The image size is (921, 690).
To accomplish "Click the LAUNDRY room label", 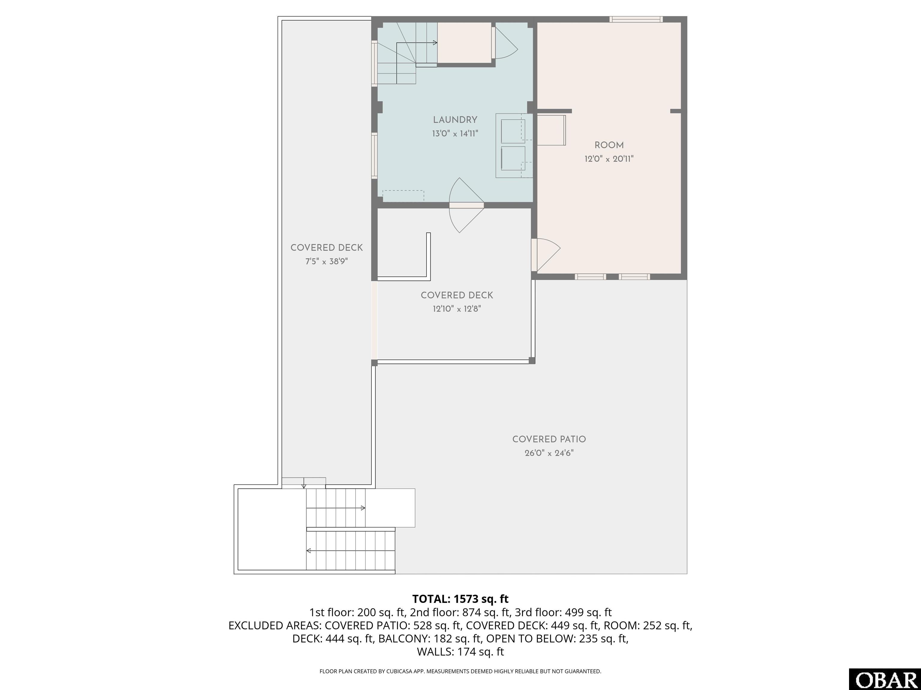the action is pyautogui.click(x=455, y=120).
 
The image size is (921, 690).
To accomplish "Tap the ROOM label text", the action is pyautogui.click(x=609, y=145).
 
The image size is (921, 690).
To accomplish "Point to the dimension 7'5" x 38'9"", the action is pyautogui.click(x=326, y=261).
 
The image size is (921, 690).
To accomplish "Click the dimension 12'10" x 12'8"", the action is pyautogui.click(x=457, y=308).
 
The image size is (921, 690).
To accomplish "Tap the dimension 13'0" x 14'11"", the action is pyautogui.click(x=455, y=134).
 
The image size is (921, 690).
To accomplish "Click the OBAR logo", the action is pyautogui.click(x=885, y=679).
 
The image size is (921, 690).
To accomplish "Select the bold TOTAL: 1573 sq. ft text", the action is pyautogui.click(x=460, y=599).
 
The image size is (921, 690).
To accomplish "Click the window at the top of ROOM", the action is pyautogui.click(x=636, y=19).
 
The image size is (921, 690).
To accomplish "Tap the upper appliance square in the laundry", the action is pyautogui.click(x=513, y=131).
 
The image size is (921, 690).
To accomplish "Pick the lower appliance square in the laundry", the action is pyautogui.click(x=513, y=158).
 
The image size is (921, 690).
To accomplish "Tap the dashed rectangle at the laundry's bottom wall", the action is pyautogui.click(x=403, y=196).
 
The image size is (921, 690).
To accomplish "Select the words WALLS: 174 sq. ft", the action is pyautogui.click(x=460, y=652).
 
